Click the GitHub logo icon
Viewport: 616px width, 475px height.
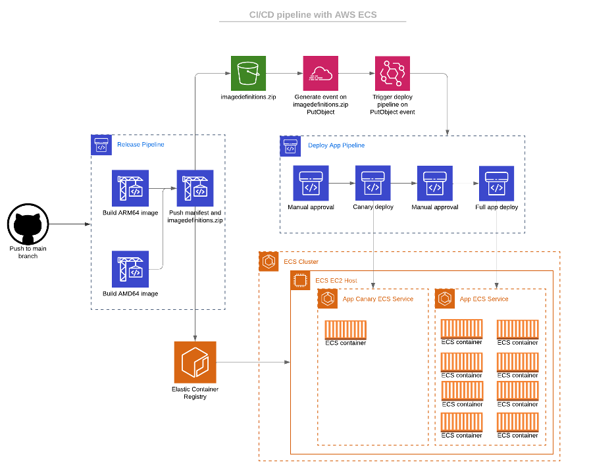[x=28, y=224]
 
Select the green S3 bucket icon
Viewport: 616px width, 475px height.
[x=248, y=73]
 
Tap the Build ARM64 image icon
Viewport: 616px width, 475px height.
[x=130, y=188]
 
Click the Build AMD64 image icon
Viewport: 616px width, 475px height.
[x=130, y=269]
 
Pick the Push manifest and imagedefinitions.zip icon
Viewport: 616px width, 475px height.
[x=195, y=188]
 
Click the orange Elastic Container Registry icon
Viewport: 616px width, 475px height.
[x=195, y=362]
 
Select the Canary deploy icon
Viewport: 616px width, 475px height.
[x=373, y=183]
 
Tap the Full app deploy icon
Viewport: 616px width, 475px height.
[x=496, y=183]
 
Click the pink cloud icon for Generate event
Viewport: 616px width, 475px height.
[x=320, y=73]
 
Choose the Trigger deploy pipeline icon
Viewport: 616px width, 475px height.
[x=392, y=73]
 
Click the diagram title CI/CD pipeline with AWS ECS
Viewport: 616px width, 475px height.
[x=313, y=15]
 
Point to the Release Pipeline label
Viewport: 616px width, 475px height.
[x=140, y=145]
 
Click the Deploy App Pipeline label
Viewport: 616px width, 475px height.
[x=336, y=145]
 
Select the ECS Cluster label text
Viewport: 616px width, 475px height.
[x=301, y=262]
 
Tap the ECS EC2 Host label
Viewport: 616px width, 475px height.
[x=336, y=281]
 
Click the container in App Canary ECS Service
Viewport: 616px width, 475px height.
[x=346, y=330]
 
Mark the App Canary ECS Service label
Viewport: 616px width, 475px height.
[x=378, y=299]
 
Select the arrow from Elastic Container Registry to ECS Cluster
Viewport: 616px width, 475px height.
[x=253, y=362]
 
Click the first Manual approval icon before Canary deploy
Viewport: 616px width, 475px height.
[x=311, y=183]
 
